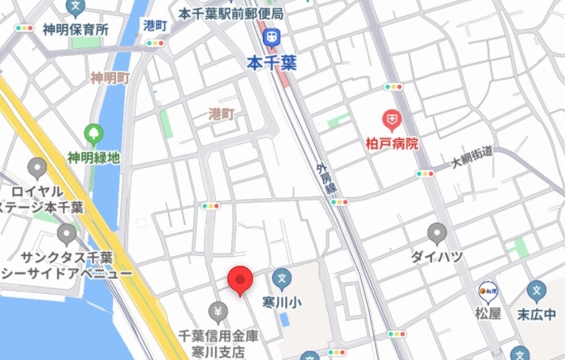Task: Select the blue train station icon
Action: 272,36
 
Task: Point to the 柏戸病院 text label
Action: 393,143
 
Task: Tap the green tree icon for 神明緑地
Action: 93,134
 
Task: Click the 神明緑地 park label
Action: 93,157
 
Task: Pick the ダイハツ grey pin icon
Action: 437,234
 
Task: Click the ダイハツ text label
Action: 437,257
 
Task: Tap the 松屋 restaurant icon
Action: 488,288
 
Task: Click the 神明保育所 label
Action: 76,30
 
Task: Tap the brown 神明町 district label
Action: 110,78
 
